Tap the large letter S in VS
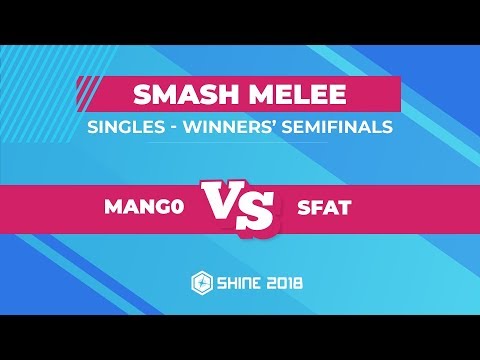pyautogui.click(x=259, y=211)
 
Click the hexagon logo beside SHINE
pyautogui.click(x=199, y=285)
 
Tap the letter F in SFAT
pyautogui.click(x=313, y=208)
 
